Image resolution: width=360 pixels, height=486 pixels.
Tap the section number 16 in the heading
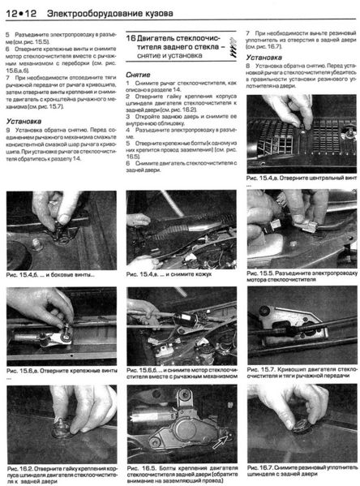pyautogui.click(x=135, y=38)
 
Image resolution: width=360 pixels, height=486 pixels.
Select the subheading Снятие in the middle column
pyautogui.click(x=139, y=74)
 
